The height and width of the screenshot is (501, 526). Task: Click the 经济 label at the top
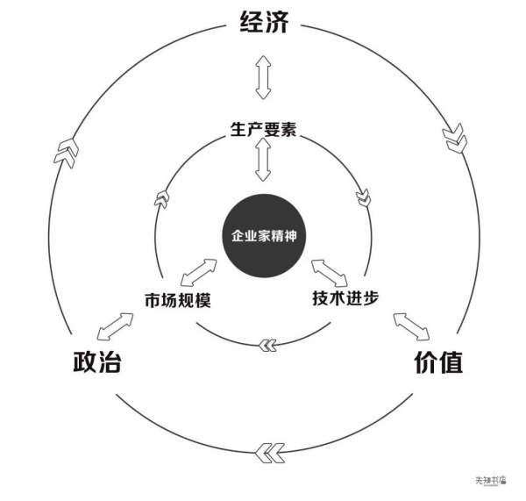(x=265, y=22)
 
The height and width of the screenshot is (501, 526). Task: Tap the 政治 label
(x=97, y=362)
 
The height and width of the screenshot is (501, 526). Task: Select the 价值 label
(x=439, y=362)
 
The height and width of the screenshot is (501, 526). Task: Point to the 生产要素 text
(x=263, y=129)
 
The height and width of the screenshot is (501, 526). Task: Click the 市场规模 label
(x=178, y=300)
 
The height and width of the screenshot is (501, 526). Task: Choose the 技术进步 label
(x=345, y=297)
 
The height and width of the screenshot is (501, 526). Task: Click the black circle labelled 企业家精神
(x=265, y=236)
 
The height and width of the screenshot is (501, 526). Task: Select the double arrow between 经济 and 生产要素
(x=263, y=77)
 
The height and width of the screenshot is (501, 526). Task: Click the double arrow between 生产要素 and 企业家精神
(x=263, y=160)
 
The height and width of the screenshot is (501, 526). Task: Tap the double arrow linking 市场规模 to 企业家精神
(x=199, y=273)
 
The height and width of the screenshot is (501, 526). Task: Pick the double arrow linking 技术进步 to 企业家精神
(x=330, y=273)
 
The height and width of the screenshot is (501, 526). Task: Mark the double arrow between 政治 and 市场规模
(x=115, y=326)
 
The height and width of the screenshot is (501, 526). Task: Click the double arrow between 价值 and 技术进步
(x=412, y=326)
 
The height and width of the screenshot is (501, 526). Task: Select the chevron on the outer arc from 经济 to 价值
(x=455, y=138)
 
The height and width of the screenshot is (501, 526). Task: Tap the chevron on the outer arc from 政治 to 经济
(x=67, y=154)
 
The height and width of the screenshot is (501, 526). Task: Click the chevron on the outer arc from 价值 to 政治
(x=270, y=453)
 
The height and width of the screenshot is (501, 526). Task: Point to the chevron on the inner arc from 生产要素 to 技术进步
(x=364, y=198)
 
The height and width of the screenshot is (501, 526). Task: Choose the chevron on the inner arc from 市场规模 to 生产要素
(x=161, y=199)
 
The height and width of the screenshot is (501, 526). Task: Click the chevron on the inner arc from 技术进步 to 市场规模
(x=268, y=345)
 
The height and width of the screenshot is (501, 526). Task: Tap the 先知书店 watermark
(x=491, y=480)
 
